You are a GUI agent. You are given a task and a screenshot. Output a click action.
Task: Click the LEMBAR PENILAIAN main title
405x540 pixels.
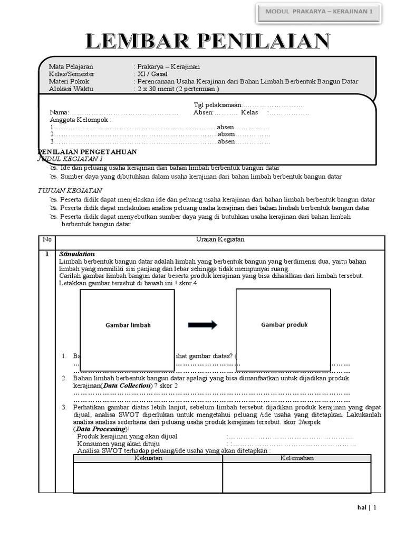pos(209,42)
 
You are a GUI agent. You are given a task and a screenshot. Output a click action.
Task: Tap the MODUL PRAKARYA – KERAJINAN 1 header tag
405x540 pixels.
pos(319,11)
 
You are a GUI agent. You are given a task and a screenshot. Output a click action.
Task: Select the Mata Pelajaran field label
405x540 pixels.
pos(71,67)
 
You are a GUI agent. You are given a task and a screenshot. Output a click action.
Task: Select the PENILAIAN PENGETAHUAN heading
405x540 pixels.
pos(88,152)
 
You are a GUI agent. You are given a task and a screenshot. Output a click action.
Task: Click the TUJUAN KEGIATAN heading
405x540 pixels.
pos(70,190)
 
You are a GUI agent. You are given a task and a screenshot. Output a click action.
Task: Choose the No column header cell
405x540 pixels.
pos(47,239)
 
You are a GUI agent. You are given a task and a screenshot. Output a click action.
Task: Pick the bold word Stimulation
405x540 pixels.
pos(77,254)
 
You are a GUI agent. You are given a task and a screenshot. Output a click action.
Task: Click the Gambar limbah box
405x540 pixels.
pos(127,325)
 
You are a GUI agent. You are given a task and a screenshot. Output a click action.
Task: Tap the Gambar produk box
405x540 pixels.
pos(284,324)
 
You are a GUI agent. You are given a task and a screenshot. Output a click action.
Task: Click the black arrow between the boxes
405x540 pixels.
pos(202,325)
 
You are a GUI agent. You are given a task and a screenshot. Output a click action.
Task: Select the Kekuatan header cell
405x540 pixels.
pos(148,458)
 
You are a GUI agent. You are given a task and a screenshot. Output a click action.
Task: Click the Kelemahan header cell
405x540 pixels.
pos(296,458)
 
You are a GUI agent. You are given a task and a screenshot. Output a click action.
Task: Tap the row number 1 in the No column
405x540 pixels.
pos(47,254)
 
